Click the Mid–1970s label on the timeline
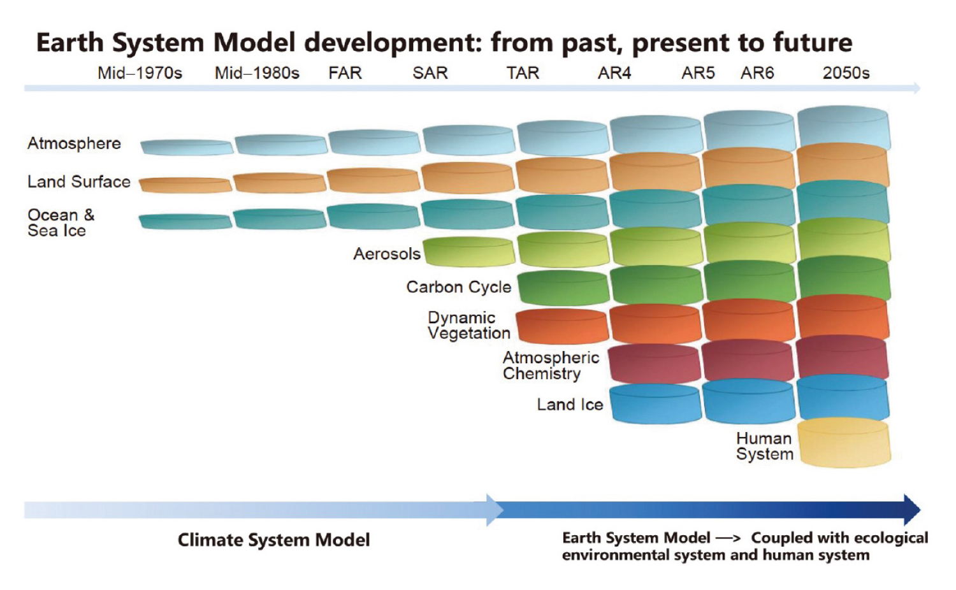pyautogui.click(x=140, y=73)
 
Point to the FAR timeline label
pyautogui.click(x=345, y=73)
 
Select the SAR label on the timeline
pyautogui.click(x=430, y=73)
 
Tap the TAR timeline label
pyautogui.click(x=523, y=73)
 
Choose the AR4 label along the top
pyautogui.click(x=614, y=73)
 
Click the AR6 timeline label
pyautogui.click(x=757, y=73)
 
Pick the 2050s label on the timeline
pyautogui.click(x=846, y=73)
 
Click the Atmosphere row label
pyautogui.click(x=75, y=143)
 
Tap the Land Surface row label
pyautogui.click(x=79, y=182)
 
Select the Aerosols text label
pyautogui.click(x=387, y=254)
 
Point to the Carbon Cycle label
pyautogui.click(x=459, y=287)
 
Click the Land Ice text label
pyautogui.click(x=570, y=405)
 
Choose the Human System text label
pyautogui.click(x=764, y=446)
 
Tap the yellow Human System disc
pyautogui.click(x=844, y=442)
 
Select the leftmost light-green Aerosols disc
pyautogui.click(x=469, y=252)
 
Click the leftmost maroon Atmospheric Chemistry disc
pyautogui.click(x=655, y=363)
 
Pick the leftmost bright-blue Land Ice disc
pyautogui.click(x=655, y=403)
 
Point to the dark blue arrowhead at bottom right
pyautogui.click(x=912, y=510)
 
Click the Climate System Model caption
pyautogui.click(x=273, y=540)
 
